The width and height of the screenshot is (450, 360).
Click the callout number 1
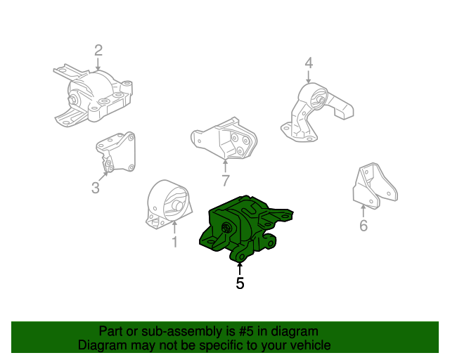pos(174,243)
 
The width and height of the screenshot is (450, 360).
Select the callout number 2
pos(98,50)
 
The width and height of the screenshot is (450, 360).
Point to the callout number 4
pos(308,65)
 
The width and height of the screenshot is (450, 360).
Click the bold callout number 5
pos(240,283)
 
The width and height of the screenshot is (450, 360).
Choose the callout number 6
pos(363,226)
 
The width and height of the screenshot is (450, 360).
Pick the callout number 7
pos(225,181)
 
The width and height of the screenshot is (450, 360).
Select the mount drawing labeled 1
pos(168,205)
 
